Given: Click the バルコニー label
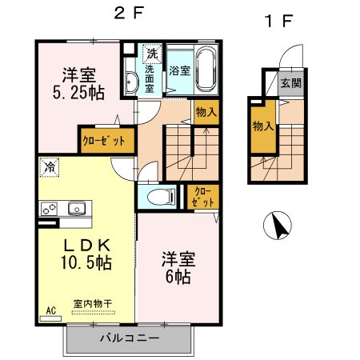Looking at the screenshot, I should click(x=129, y=338).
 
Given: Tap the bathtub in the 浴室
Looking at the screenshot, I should click(x=206, y=70).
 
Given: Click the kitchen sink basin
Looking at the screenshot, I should click(x=76, y=209).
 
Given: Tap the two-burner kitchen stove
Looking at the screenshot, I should click(x=50, y=209).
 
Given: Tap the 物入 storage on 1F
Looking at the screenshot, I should click(x=261, y=126).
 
